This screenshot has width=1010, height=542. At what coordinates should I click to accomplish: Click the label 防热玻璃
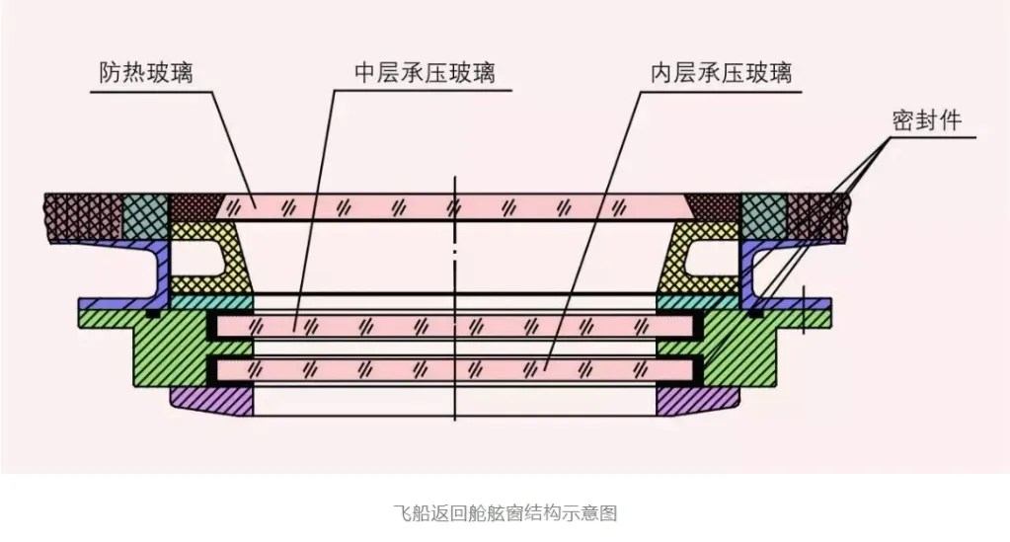[146, 74]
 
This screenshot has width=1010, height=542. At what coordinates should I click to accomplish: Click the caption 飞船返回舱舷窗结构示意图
[505, 513]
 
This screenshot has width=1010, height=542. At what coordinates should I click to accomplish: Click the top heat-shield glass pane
[454, 207]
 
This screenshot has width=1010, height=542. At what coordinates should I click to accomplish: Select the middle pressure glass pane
[454, 325]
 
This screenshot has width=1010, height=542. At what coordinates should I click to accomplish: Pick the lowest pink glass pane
[454, 369]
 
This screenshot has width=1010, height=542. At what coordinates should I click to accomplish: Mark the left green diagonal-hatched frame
[168, 346]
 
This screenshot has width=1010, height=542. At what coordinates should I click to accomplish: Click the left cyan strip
[212, 301]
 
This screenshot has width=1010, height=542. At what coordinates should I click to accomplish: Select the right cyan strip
[698, 301]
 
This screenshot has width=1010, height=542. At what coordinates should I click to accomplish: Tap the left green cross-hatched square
[146, 214]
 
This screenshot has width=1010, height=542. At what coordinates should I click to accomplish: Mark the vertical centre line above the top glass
[454, 185]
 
